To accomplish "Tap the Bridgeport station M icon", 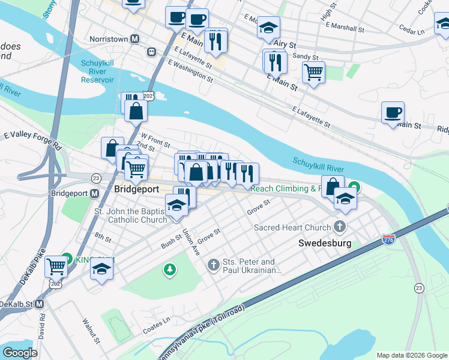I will (x=94, y=194).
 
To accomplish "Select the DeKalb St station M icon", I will (x=39, y=304).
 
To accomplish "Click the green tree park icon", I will (x=170, y=271).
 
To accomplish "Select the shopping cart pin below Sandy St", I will (x=313, y=72).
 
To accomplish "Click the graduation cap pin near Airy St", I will (x=268, y=28).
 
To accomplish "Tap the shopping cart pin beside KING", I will (x=56, y=265).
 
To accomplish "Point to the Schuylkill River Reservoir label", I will (x=106, y=71).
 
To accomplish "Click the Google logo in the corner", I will (x=20, y=352).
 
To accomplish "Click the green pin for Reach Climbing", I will (x=355, y=188).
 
